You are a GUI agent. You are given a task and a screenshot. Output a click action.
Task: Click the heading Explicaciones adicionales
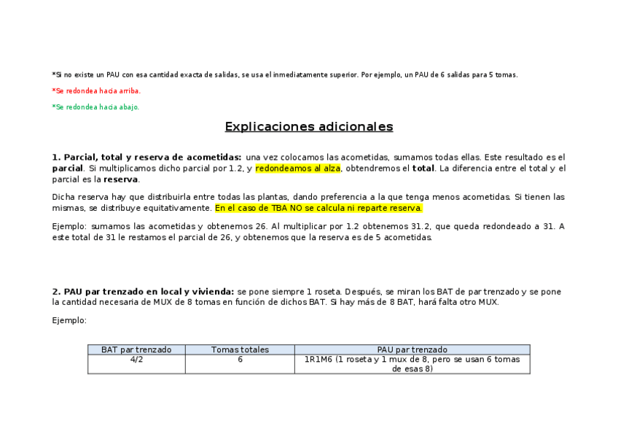[309, 127]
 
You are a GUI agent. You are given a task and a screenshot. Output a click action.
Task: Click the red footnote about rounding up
[96, 91]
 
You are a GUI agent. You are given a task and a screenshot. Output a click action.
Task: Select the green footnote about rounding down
[95, 107]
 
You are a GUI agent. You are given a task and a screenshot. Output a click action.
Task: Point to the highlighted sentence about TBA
[318, 208]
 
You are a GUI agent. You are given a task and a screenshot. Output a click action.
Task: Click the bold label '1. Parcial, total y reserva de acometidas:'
[146, 158]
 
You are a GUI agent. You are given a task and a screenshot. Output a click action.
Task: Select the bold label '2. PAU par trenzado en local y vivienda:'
[143, 292]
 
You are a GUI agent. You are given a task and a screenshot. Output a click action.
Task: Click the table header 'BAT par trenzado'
[136, 350]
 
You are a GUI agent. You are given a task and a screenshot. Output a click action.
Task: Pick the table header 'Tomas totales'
[240, 350]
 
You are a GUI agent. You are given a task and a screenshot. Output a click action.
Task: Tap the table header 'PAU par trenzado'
[412, 350]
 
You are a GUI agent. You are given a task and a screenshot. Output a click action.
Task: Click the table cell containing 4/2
[136, 360]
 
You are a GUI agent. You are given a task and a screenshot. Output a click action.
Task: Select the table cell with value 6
[240, 360]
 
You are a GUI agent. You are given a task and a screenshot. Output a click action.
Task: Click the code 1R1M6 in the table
[318, 360]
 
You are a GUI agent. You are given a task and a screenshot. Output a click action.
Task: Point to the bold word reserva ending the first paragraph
[121, 179]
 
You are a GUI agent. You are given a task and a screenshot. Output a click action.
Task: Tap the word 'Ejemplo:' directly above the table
[69, 320]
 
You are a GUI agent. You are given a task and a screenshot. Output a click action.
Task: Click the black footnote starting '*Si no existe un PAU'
[285, 75]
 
